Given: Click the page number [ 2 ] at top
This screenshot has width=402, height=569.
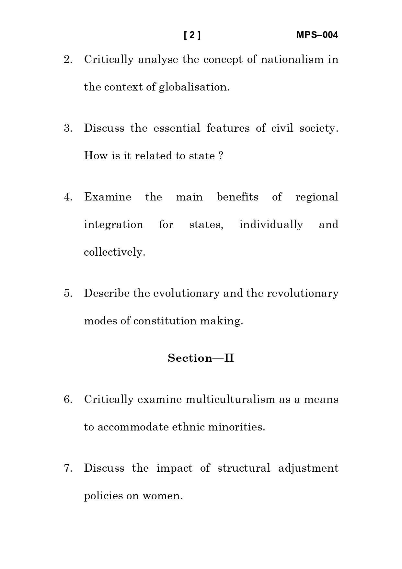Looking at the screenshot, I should coord(192,35).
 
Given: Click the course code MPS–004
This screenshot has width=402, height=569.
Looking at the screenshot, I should coord(317,35).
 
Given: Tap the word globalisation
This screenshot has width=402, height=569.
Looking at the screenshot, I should coord(194,87).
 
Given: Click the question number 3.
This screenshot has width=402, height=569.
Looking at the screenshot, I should coord(68,128).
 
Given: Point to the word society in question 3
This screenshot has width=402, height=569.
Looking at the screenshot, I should coord(319,128).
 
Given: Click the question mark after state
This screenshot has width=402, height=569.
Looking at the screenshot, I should coord(221,156).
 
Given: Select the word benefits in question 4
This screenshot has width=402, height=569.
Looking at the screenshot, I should coord(237,197).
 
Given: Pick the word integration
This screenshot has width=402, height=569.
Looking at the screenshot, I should coord(113,224).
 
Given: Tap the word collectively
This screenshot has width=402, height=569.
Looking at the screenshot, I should coord(114,252).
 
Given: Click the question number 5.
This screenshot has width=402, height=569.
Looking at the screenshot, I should coord(68,293).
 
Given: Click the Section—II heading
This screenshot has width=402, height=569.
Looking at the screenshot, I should coord(201,358).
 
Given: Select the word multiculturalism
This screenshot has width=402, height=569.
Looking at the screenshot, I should coord(230,399).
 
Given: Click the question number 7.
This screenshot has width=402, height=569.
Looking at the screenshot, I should coord(68,468).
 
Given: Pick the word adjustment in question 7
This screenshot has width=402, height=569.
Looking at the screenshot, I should coord(308,468).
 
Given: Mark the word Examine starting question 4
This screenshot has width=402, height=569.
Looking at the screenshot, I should coord(108,197).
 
